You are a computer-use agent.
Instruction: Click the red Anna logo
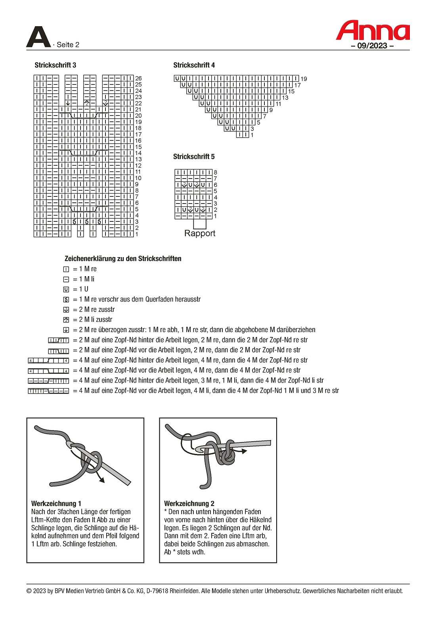click(x=373, y=31)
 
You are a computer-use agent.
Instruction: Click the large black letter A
click(x=38, y=37)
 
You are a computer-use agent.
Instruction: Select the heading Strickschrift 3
click(x=55, y=65)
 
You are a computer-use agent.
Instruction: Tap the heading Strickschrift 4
click(x=194, y=65)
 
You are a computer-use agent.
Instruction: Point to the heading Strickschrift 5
click(x=194, y=157)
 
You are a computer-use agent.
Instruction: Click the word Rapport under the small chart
click(x=200, y=233)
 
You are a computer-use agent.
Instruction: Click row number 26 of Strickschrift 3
click(x=138, y=79)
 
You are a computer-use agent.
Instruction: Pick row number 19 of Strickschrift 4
click(x=304, y=79)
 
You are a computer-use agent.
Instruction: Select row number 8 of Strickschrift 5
click(x=216, y=173)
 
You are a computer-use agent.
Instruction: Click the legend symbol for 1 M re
click(x=66, y=269)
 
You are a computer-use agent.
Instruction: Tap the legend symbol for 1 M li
click(x=66, y=279)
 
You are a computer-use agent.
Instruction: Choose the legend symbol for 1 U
click(x=66, y=290)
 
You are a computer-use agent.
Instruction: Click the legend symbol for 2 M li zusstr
click(x=66, y=320)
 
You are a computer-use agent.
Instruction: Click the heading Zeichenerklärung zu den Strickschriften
click(x=123, y=259)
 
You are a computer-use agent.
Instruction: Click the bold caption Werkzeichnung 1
click(x=56, y=504)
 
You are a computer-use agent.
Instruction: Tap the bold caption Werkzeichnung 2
click(x=189, y=504)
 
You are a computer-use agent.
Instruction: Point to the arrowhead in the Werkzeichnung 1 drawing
click(x=102, y=480)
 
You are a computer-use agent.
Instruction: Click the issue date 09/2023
click(x=372, y=46)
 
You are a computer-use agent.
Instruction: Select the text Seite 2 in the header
click(x=68, y=45)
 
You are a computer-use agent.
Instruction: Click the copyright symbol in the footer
click(x=29, y=591)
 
